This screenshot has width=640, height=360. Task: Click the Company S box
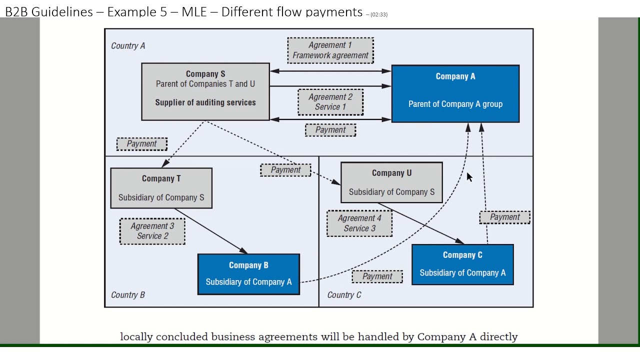205,91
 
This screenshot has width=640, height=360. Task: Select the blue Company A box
455,93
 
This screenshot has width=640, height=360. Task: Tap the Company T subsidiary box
161,188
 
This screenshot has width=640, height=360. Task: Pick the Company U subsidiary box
391,182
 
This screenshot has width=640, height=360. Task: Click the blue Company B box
248,274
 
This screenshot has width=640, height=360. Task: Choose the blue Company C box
462,264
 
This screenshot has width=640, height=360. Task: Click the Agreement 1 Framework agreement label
330,50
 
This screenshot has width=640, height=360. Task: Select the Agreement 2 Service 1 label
330,102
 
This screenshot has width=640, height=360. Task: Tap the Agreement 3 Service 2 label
152,231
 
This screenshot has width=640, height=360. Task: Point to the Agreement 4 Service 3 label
359,223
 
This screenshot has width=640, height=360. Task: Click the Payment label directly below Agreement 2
330,130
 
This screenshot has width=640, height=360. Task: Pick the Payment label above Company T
142,144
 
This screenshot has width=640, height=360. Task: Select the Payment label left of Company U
285,170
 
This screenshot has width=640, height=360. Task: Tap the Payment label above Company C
504,217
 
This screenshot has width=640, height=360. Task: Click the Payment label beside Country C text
377,276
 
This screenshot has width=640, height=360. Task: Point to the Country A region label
128,46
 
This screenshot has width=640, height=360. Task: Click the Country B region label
128,295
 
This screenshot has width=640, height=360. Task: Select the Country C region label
344,295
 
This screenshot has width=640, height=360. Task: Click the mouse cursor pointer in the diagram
469,177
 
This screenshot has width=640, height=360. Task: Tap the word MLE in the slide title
194,12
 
